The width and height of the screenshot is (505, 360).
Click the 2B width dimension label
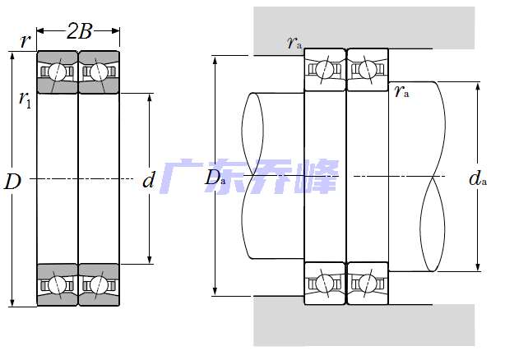tap(79, 31)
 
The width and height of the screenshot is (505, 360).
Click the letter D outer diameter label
tap(12, 182)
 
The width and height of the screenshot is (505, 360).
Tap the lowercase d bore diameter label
tap(149, 179)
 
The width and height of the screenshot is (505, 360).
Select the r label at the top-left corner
tap(25, 41)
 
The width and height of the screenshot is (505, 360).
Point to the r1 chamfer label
tap(25, 99)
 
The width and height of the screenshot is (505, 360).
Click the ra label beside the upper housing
tap(294, 43)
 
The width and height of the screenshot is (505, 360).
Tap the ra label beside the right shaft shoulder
tap(401, 91)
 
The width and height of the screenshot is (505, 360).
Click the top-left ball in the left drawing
tap(57, 72)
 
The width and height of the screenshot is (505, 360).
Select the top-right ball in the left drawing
tap(98, 72)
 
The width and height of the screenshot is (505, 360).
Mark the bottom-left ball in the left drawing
tap(57, 284)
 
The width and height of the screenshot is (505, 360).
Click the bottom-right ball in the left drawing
tap(98, 284)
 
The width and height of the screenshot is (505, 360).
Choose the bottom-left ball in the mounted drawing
tap(325, 284)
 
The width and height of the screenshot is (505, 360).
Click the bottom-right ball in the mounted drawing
tap(368, 284)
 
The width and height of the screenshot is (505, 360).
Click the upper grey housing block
tap(364, 28)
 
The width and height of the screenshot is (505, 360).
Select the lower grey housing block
tap(364, 325)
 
